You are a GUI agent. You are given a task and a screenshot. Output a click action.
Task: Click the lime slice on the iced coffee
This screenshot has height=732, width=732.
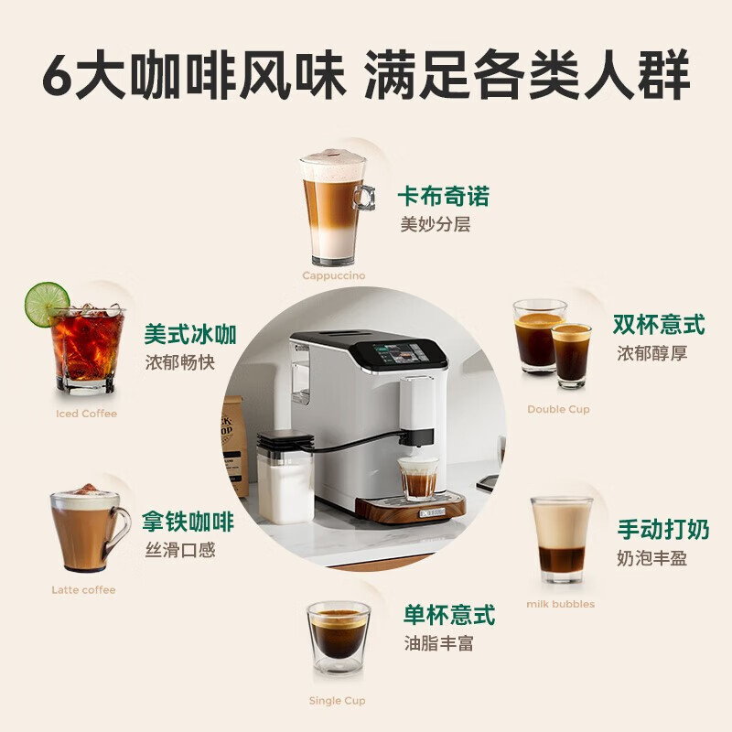(46, 303)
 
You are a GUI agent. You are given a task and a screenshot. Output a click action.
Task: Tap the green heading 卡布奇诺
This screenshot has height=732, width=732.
(443, 196)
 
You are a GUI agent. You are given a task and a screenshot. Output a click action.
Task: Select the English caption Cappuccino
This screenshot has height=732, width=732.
(333, 274)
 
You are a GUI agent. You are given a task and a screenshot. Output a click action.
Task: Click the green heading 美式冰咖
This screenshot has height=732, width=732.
(190, 334)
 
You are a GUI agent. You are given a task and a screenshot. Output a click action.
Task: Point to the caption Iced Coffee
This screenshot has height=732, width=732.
(86, 414)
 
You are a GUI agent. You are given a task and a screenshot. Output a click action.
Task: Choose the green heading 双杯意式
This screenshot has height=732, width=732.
(659, 325)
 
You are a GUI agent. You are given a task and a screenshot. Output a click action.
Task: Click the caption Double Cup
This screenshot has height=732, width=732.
(558, 409)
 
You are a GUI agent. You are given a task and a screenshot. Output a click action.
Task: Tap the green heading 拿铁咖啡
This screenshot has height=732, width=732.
(188, 522)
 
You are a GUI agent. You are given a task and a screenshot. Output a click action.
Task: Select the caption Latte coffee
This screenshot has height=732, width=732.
(83, 590)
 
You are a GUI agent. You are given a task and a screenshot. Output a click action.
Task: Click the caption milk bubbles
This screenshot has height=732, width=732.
(560, 604)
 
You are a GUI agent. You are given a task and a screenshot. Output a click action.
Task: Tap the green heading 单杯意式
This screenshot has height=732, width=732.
(449, 614)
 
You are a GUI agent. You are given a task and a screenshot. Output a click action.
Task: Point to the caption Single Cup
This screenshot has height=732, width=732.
(337, 701)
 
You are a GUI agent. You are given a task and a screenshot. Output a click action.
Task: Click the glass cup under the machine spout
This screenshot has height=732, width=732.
(418, 479)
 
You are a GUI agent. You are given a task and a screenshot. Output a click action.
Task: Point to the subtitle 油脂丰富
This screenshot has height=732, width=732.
(438, 643)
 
